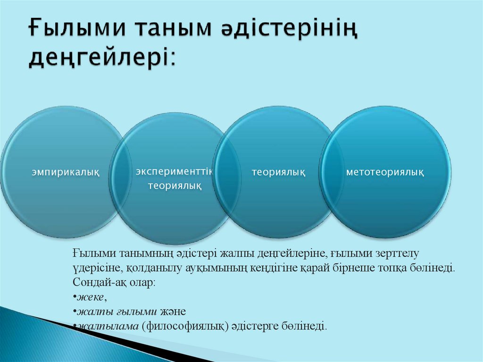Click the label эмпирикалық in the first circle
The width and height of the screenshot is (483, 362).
click(x=66, y=172)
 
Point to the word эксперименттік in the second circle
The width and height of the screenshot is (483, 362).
click(x=175, y=172)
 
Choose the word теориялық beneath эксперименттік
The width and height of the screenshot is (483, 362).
click(x=175, y=186)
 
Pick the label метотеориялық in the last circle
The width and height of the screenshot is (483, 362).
click(x=385, y=172)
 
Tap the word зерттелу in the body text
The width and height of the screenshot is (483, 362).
click(x=397, y=253)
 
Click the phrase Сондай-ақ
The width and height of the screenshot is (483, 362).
click(x=99, y=282)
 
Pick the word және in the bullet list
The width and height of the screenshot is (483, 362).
click(x=173, y=312)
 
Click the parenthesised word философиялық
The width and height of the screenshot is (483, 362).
click(x=185, y=326)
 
